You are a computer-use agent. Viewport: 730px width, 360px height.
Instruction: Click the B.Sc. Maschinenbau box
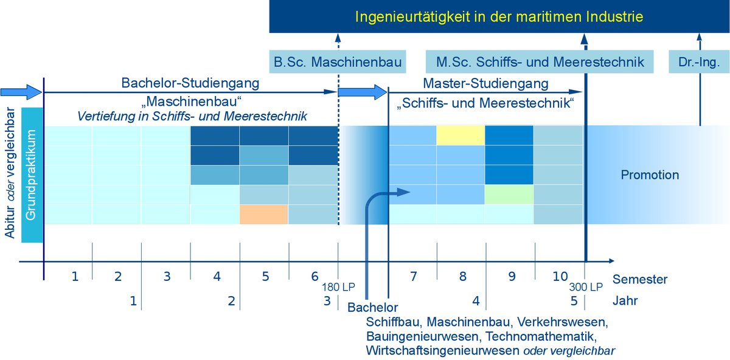tap(337, 61)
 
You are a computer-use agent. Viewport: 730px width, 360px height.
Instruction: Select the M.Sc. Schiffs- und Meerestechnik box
tap(540, 61)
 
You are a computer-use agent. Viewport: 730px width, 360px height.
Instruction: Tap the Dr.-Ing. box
tap(699, 61)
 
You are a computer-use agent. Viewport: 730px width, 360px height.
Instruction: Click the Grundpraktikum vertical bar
tap(32, 175)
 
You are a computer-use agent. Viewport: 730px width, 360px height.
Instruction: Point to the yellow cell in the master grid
tap(461, 135)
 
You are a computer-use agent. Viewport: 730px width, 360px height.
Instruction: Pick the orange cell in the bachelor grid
tap(263, 215)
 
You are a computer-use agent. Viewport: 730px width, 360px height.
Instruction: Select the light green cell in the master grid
tap(509, 195)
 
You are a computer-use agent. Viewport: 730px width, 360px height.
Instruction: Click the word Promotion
tap(650, 175)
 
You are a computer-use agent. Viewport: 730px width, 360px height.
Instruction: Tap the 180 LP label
tap(338, 287)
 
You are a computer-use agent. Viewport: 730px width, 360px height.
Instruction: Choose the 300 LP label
tap(586, 287)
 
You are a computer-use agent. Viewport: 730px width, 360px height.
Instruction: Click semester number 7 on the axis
tap(413, 276)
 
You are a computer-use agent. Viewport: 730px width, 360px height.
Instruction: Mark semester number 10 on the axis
tap(560, 276)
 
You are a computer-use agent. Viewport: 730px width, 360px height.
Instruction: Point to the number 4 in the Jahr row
tap(476, 300)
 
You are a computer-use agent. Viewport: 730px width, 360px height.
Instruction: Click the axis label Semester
tap(640, 279)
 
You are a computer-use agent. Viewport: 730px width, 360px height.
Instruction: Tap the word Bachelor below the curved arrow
tap(373, 307)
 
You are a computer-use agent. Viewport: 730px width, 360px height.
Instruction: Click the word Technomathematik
tap(541, 336)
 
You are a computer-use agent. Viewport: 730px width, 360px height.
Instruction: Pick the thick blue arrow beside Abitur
tap(21, 92)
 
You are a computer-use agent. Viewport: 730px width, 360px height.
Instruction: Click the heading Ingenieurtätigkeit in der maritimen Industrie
tap(499, 16)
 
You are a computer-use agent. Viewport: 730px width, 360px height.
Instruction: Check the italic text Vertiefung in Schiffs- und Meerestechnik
tap(192, 116)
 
